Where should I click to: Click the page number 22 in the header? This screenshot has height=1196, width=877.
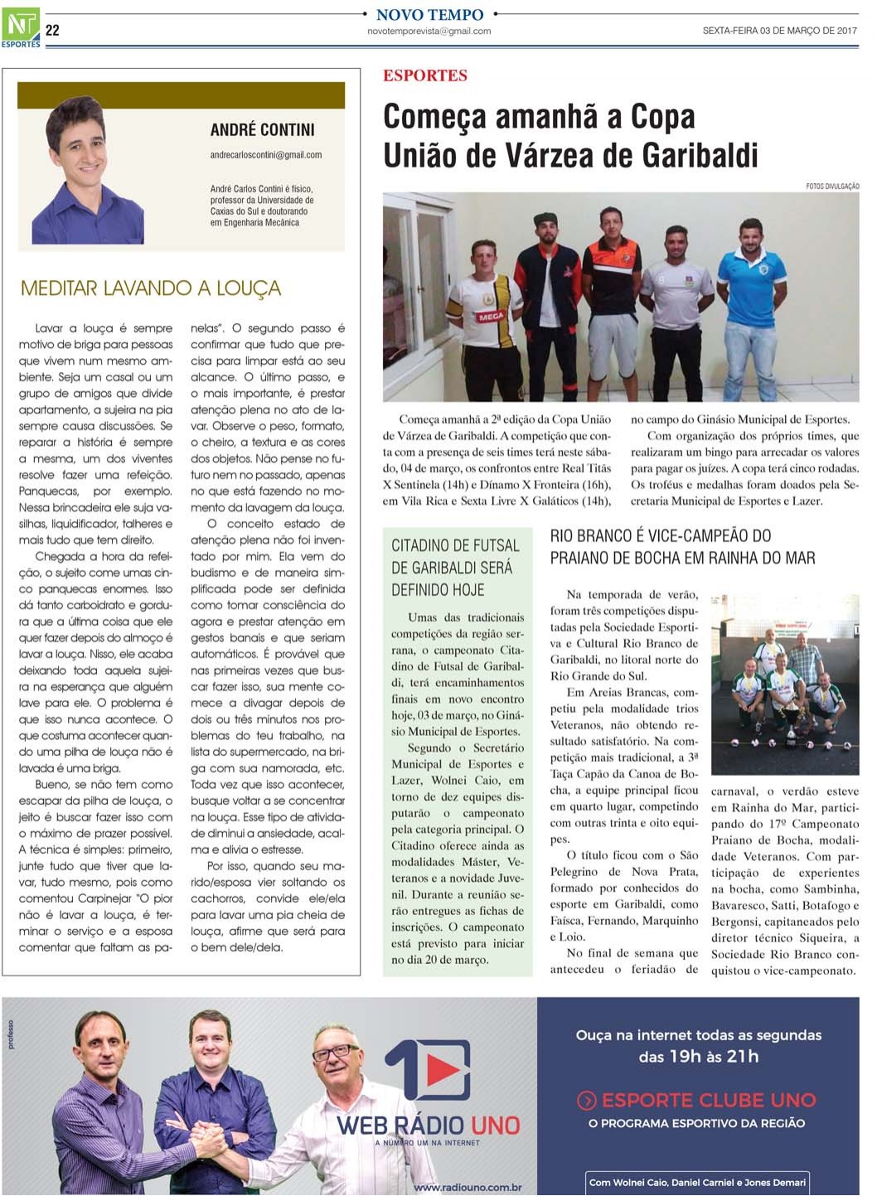click(52, 31)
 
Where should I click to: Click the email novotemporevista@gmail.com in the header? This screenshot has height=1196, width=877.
click(429, 31)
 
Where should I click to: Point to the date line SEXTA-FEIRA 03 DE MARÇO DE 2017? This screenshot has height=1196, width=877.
click(779, 31)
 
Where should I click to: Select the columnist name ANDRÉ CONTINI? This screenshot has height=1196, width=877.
click(262, 130)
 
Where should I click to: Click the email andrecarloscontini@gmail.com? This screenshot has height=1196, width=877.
click(266, 155)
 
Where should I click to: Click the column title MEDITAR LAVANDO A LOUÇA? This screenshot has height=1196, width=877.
click(151, 288)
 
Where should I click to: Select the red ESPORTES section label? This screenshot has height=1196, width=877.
click(425, 75)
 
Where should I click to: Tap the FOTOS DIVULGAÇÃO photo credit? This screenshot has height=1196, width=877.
click(832, 186)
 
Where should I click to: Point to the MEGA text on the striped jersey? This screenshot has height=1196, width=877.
click(490, 317)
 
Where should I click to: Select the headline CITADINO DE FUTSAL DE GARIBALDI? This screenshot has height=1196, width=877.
click(455, 568)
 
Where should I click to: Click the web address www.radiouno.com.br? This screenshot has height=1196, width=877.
click(468, 1187)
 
